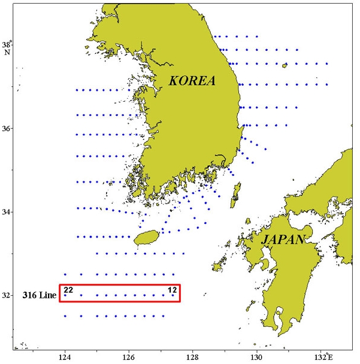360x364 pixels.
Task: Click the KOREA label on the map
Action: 192,81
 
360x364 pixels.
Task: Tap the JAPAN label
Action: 282,240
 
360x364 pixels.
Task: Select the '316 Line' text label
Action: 38,295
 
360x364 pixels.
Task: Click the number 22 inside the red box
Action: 68,290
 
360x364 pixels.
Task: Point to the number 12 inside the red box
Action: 172,290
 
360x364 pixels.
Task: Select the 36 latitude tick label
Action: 8,129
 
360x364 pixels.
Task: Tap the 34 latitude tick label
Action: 8,212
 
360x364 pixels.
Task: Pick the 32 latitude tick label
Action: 8,295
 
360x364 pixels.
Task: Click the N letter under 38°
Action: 7,52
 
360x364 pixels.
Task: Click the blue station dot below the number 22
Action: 65,295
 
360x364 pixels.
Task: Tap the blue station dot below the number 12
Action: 173,295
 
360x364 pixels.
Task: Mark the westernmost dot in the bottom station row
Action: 65,316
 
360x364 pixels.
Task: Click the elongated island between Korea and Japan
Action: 236,193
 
